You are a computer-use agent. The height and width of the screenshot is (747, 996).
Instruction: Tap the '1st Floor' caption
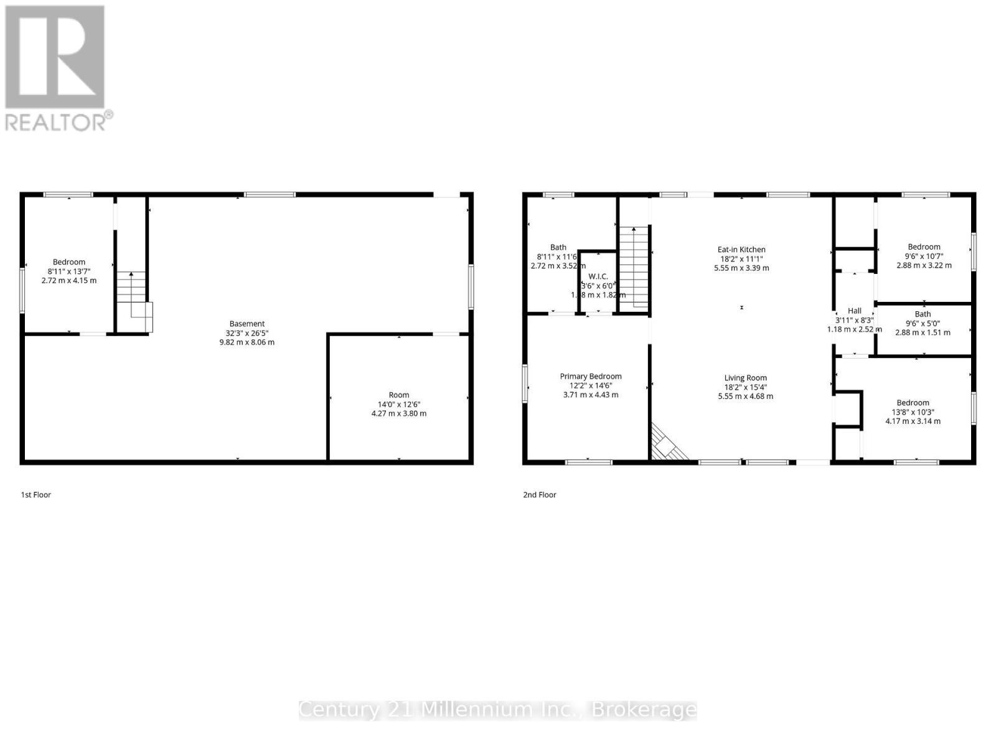tap(36, 495)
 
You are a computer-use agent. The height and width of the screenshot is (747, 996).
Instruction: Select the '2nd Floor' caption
tap(539, 495)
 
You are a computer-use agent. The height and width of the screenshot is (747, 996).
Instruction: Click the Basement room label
tap(247, 324)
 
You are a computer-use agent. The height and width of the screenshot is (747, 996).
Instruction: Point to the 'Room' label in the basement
tap(399, 395)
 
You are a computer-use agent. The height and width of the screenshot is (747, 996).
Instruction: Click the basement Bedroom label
tap(69, 262)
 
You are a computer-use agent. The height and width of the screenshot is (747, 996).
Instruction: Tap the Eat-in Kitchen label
tap(741, 250)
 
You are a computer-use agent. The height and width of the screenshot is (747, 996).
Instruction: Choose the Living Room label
tap(745, 378)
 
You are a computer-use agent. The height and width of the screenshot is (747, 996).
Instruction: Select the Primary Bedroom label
tap(591, 376)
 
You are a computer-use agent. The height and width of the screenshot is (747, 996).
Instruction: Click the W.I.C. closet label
tap(598, 276)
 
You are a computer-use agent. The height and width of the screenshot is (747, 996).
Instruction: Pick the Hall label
tap(854, 311)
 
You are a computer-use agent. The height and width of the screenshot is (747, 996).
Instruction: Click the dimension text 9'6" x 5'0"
tap(923, 323)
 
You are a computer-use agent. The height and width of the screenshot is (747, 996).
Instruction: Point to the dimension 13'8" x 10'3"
tap(913, 411)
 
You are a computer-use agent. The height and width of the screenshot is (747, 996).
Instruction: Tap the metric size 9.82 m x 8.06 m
tap(247, 342)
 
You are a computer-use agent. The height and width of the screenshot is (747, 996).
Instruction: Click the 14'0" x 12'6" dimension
tap(399, 404)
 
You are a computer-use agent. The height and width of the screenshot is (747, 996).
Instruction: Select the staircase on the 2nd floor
tap(634, 267)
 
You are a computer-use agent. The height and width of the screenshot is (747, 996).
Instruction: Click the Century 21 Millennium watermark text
tap(498, 710)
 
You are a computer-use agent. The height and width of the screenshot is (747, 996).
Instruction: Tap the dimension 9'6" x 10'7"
tap(924, 256)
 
